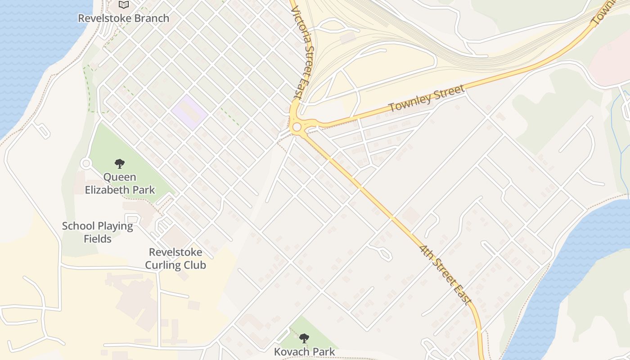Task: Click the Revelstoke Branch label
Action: (x=124, y=18)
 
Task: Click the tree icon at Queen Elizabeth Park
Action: (x=119, y=163)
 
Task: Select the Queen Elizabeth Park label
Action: (x=120, y=183)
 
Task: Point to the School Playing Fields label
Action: (x=98, y=232)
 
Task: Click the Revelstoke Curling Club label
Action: (x=175, y=259)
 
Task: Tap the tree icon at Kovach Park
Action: (x=304, y=338)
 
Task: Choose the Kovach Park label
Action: (x=305, y=351)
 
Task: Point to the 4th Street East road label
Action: (x=445, y=274)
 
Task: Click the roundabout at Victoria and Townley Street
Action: (x=297, y=127)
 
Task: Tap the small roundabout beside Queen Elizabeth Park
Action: (x=86, y=164)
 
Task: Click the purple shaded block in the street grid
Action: (x=189, y=112)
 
